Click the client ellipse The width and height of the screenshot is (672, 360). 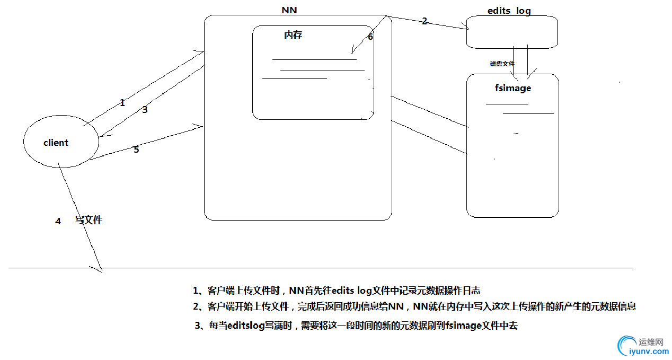(x=60, y=142)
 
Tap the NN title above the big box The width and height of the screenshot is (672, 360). (x=289, y=10)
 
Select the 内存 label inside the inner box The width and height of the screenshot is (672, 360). (x=293, y=36)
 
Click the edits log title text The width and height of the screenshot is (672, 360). (x=509, y=11)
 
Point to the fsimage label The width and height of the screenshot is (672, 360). (x=512, y=88)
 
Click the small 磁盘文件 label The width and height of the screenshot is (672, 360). (x=502, y=64)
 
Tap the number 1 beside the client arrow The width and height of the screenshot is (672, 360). (x=122, y=103)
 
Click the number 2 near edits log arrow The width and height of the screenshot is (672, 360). (x=424, y=21)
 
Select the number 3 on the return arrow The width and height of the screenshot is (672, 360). (x=144, y=110)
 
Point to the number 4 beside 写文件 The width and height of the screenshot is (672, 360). (x=58, y=221)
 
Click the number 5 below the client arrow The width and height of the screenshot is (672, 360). (x=136, y=150)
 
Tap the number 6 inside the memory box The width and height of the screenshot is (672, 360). (x=370, y=37)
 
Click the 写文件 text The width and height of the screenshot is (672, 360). (x=88, y=220)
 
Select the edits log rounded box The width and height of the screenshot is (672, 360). (x=512, y=32)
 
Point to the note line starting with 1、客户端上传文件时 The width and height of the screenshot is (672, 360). (x=337, y=290)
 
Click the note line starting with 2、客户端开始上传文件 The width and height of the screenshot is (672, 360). (x=414, y=306)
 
